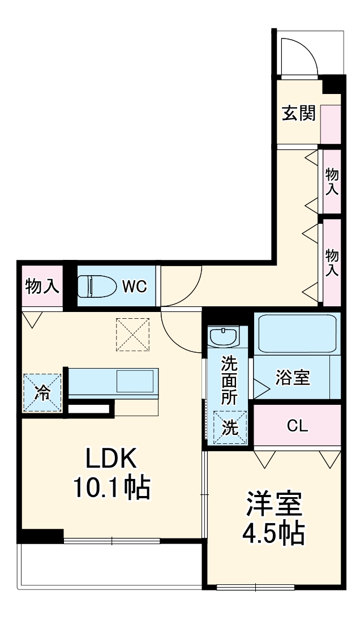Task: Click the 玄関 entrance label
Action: (x=298, y=114)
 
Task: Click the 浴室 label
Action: (x=293, y=378)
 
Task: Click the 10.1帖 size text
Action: (x=111, y=488)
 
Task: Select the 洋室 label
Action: (x=274, y=503)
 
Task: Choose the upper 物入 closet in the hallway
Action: (x=332, y=181)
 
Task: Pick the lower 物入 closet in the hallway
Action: (x=332, y=262)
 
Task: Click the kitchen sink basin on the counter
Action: (x=135, y=380)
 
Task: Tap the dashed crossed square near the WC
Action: (x=131, y=333)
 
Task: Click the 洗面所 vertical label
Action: (x=229, y=379)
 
